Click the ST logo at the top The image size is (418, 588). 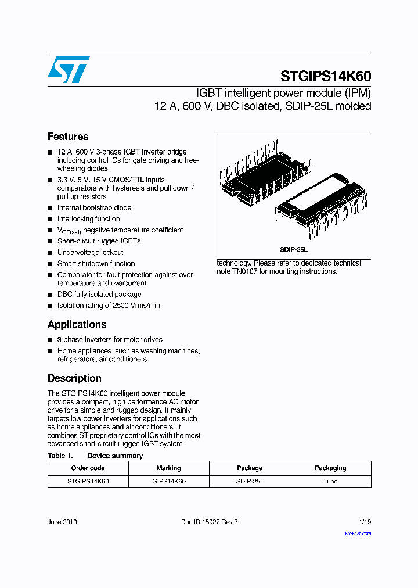(x=69, y=69)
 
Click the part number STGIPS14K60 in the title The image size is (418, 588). (x=326, y=76)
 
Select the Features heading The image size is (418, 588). (x=68, y=137)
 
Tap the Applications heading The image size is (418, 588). (x=77, y=324)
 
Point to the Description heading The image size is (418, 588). (x=74, y=378)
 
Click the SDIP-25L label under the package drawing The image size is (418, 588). (x=294, y=249)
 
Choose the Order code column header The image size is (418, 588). (x=88, y=468)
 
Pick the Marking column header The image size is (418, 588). (x=168, y=468)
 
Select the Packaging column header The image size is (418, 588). (x=330, y=468)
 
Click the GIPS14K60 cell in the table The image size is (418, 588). (x=168, y=481)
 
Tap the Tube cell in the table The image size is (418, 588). (x=330, y=481)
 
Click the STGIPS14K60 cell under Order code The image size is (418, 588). (x=88, y=481)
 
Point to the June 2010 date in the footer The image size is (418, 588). (x=62, y=522)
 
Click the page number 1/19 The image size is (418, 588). (x=365, y=522)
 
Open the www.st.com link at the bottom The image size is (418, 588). (x=358, y=533)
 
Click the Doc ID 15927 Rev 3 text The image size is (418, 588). (x=210, y=522)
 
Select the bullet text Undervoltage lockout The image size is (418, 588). (x=90, y=252)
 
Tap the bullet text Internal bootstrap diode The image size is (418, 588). (x=94, y=207)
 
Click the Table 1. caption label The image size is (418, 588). (x=60, y=456)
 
